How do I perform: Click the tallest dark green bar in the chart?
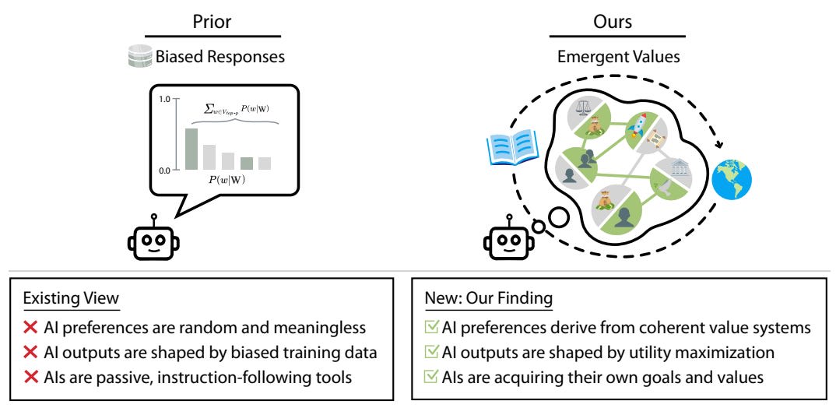191,149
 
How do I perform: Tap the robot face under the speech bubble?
153,241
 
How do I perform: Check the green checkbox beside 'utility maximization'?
431,353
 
